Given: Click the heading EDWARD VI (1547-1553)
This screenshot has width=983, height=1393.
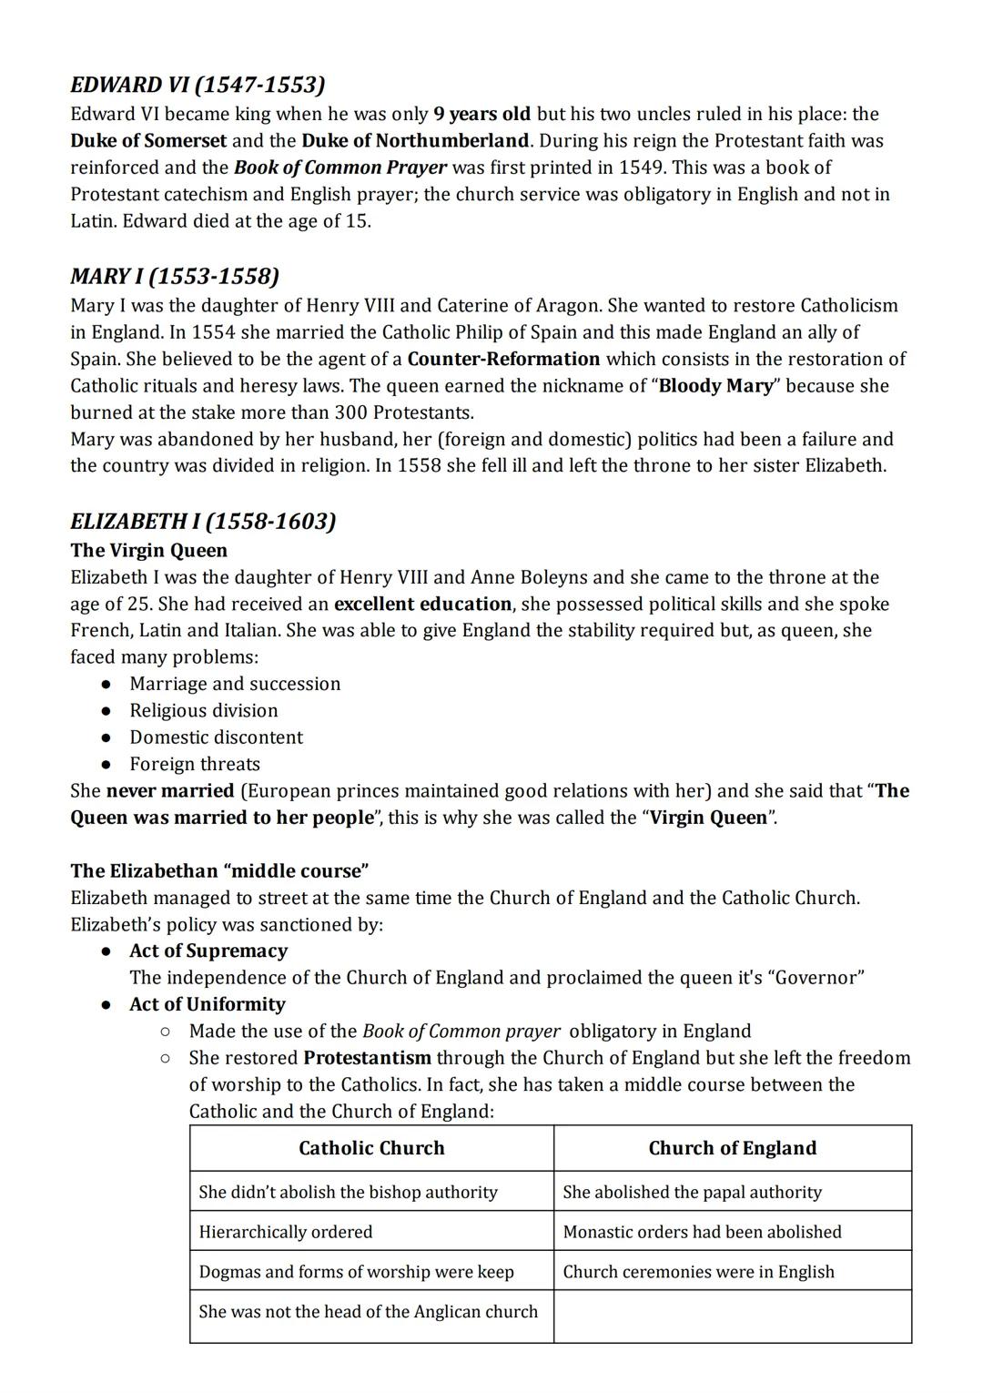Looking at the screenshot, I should tap(198, 85).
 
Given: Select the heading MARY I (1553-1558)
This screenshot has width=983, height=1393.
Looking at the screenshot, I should tap(175, 276).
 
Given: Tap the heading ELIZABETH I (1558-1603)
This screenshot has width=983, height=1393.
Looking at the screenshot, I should tap(203, 521).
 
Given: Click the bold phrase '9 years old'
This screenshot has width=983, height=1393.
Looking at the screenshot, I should tap(482, 114).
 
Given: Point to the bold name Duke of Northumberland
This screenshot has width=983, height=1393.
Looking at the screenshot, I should tap(415, 140).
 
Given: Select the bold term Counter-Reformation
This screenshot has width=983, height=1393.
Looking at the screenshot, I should tap(503, 359).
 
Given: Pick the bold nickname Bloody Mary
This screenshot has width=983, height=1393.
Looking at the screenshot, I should tap(715, 385).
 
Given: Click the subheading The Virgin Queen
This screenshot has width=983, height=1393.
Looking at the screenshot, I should tap(149, 550).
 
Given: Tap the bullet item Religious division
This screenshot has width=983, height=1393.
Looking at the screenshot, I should tap(204, 710).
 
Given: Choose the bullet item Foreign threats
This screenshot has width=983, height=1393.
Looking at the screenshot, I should tap(195, 764).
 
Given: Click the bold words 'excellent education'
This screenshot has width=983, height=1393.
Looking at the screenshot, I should tap(423, 604).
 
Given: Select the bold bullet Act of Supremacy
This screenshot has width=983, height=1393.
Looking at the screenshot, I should tap(208, 951).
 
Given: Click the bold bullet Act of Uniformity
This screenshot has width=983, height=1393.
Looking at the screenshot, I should tap(208, 1004).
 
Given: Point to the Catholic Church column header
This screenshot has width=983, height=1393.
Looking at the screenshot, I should tap(371, 1148).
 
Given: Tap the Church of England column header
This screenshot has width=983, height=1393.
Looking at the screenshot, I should tap(732, 1148).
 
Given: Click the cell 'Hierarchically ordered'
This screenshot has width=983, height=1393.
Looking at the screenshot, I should tap(286, 1232).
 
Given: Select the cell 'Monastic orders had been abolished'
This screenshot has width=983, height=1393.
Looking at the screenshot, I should tap(702, 1232).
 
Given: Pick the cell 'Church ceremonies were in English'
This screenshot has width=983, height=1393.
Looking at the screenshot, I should tap(698, 1272).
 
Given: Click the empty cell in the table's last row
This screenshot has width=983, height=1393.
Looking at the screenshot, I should tap(732, 1316).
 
